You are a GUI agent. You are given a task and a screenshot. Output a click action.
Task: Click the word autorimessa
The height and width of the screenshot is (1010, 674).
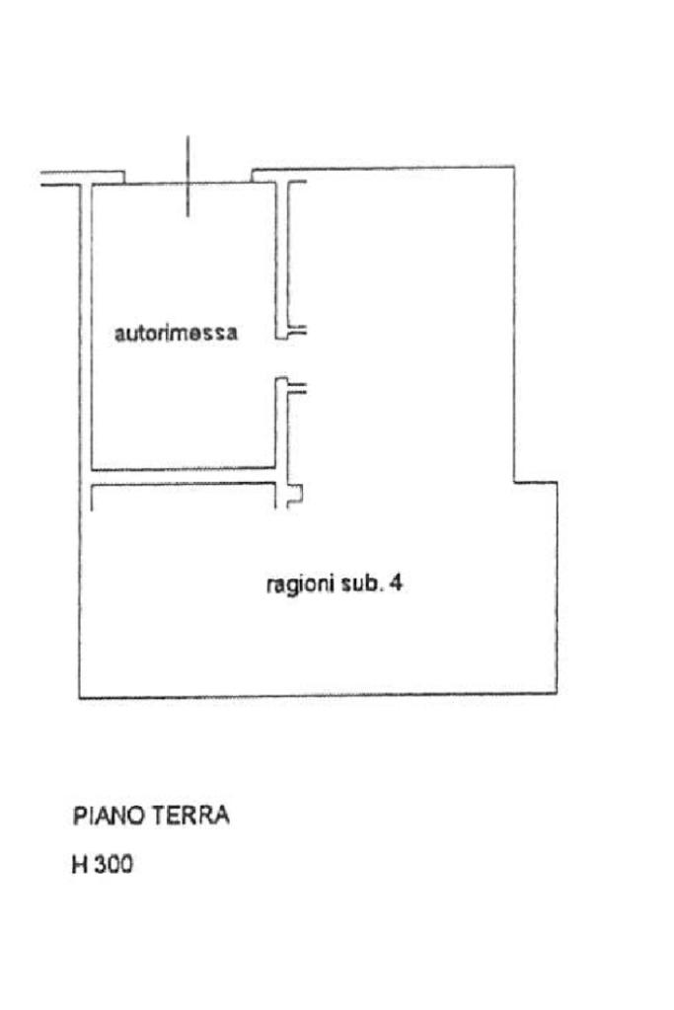176,334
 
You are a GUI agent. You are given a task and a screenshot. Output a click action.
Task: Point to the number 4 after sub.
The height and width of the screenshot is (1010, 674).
396,583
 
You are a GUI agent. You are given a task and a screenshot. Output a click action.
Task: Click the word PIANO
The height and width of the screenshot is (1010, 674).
108,816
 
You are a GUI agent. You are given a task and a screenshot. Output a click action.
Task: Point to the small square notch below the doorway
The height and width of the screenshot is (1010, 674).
294,496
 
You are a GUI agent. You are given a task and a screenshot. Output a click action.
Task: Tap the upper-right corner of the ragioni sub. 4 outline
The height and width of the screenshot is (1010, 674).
513,168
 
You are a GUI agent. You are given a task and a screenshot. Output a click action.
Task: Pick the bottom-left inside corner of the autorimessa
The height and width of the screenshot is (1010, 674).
93,468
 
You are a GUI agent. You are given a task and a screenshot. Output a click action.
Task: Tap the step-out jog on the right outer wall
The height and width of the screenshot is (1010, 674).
535,482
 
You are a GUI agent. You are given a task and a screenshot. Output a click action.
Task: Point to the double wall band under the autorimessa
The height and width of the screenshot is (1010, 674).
183,476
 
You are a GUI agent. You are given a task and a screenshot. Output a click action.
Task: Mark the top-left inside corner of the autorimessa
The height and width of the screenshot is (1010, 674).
93,186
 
